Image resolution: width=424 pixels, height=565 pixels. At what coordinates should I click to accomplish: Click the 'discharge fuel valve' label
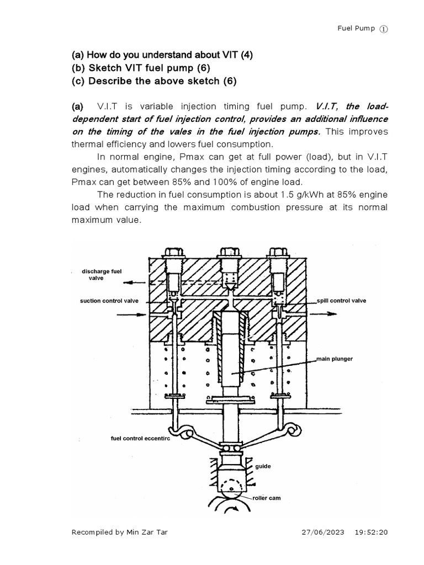(97, 275)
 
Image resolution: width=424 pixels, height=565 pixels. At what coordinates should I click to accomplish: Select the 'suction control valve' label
(108, 301)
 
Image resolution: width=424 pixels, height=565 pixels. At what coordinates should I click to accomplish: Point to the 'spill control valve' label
(341, 301)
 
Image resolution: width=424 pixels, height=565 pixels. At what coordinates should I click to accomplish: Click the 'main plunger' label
(335, 359)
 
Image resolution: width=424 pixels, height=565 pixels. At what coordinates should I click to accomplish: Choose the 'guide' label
(263, 466)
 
